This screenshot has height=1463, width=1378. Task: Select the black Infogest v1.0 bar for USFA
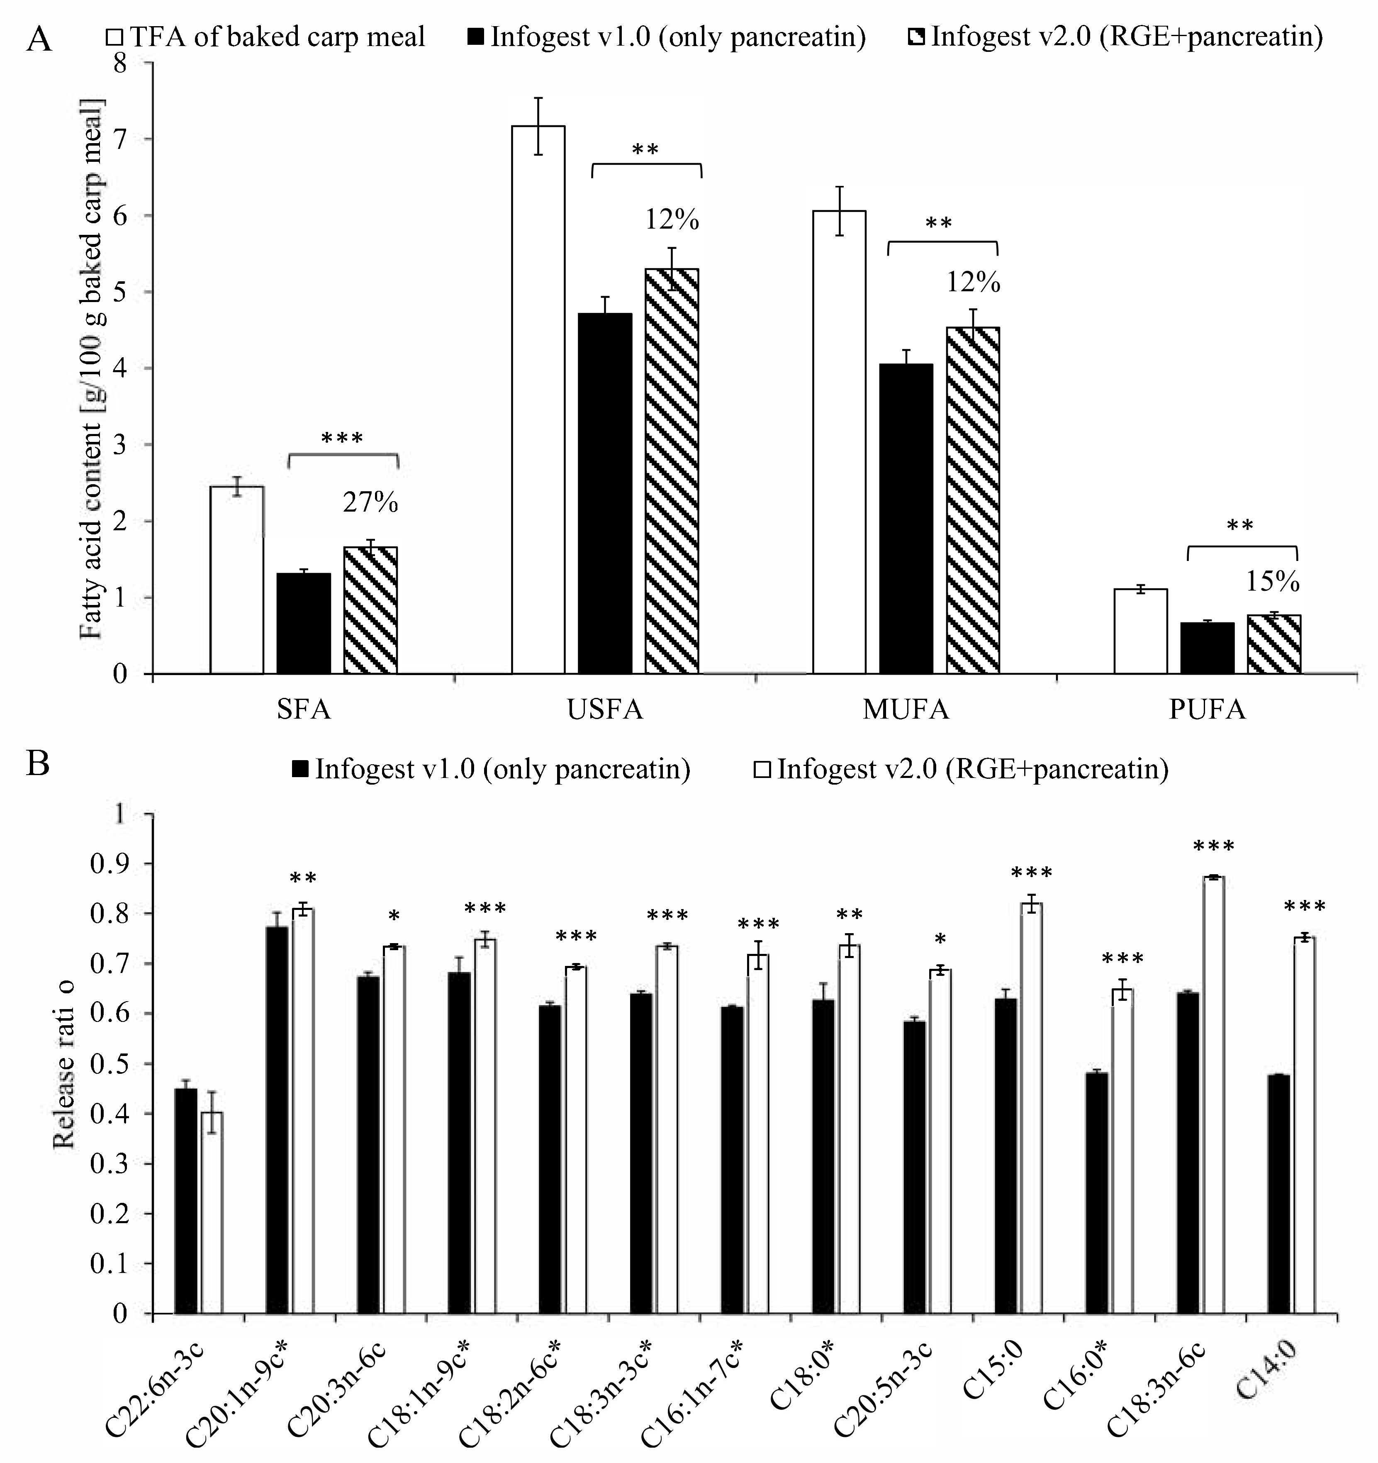[x=605, y=493]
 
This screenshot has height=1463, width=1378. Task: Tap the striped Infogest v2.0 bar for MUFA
[x=973, y=500]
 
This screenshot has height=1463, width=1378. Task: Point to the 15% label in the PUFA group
[x=1272, y=582]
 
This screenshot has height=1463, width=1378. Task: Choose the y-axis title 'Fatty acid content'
[x=93, y=368]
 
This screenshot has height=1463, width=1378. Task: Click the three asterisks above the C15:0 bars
[x=1032, y=873]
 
